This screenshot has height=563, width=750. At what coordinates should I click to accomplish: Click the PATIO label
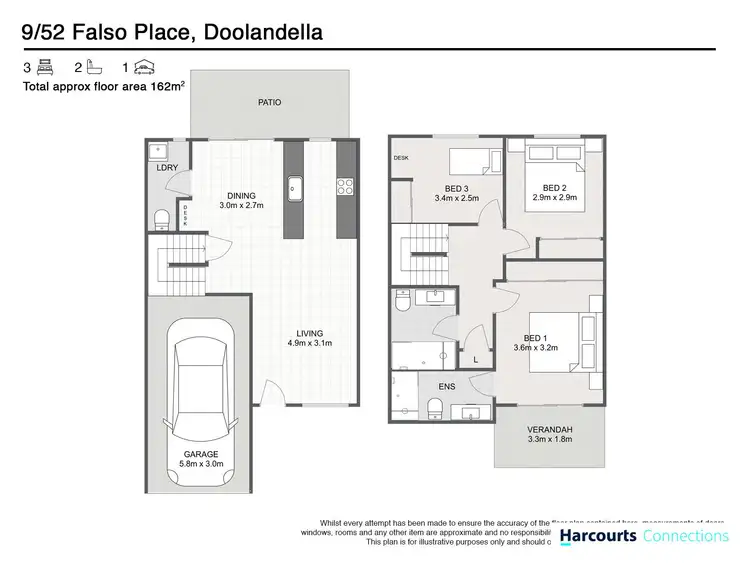(x=269, y=102)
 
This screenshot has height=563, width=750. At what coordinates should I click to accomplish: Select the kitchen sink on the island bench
(x=294, y=186)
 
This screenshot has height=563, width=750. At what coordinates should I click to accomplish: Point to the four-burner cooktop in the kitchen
(x=346, y=185)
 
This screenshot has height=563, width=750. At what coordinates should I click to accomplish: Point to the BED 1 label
(x=535, y=338)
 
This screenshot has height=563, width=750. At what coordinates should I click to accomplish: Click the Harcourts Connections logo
(x=643, y=537)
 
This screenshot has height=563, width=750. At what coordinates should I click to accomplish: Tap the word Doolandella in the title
(x=263, y=34)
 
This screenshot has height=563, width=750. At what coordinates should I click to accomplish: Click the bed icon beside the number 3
(x=45, y=68)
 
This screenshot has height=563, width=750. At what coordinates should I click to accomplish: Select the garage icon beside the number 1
(x=146, y=68)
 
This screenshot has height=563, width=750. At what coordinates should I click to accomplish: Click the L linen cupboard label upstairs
(x=476, y=358)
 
